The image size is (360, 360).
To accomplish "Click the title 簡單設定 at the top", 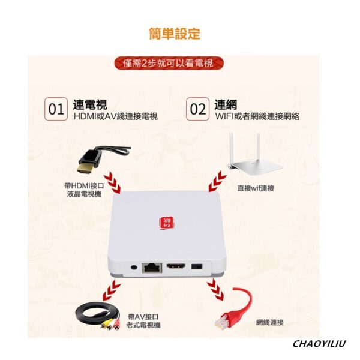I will [x=174, y=33].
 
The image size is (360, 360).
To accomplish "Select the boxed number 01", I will [x=56, y=109].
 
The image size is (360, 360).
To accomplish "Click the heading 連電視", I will [x=90, y=103].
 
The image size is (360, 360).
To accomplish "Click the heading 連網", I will [x=225, y=103].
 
